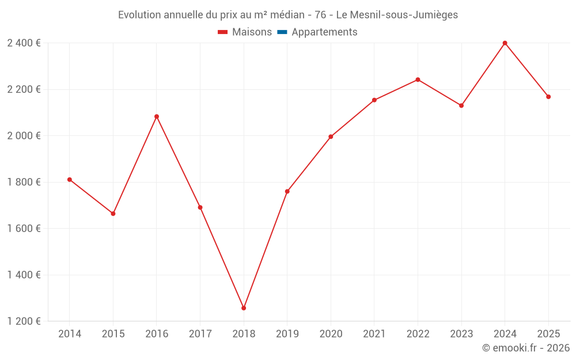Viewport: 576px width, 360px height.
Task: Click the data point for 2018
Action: pos(244,308)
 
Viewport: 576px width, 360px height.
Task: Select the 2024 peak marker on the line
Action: pos(505,43)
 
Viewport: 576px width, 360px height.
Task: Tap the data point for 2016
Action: pos(157,116)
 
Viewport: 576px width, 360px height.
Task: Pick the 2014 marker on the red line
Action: pos(70,180)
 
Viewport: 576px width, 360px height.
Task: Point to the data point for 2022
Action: pos(418,79)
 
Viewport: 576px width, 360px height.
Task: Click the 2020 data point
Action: pos(331,137)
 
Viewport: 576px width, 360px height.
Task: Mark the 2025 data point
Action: pos(548,97)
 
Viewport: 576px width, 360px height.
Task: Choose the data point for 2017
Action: pos(200,207)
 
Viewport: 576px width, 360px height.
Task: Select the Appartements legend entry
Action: pos(324,32)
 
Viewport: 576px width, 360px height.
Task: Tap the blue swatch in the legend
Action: pos(282,32)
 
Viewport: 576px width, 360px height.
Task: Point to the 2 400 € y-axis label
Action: pos(24,43)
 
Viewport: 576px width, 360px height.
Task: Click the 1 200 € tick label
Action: pos(24,321)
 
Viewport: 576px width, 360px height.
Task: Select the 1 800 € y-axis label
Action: pos(24,182)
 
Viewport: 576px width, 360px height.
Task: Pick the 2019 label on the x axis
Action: pos(287,334)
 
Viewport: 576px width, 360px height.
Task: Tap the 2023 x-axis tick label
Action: pos(461,334)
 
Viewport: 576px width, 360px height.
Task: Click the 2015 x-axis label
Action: pos(113,334)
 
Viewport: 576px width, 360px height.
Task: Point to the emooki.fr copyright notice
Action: pos(525,348)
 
